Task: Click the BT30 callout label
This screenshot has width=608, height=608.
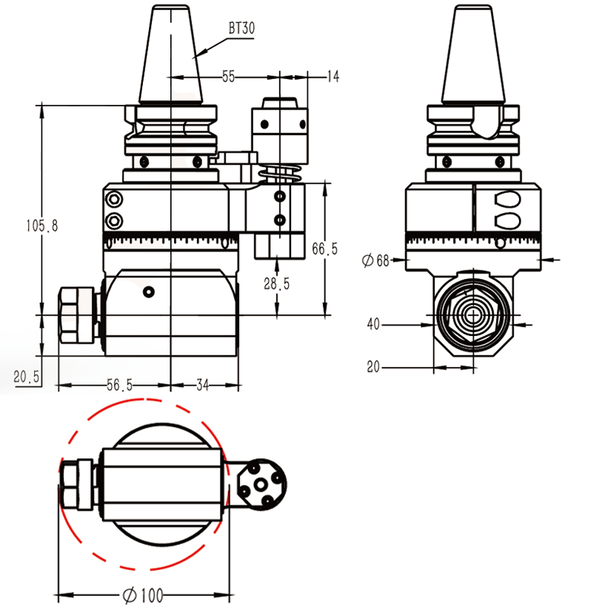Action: (x=242, y=28)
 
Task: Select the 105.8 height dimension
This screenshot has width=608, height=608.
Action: (x=42, y=226)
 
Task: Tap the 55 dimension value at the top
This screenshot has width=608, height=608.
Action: (x=228, y=76)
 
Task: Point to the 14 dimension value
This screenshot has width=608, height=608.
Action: (x=332, y=76)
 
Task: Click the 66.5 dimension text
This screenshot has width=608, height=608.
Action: (x=325, y=249)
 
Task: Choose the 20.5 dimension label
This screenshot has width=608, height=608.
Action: (x=27, y=376)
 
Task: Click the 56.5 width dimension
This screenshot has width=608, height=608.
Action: (x=120, y=385)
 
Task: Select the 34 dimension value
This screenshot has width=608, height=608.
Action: (x=203, y=385)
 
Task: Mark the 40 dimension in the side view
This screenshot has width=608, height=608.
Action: (x=373, y=325)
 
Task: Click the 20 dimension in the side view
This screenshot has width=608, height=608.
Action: (x=373, y=367)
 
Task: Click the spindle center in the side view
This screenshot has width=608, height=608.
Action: (x=474, y=314)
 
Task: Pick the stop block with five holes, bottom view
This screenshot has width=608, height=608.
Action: (x=261, y=484)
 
